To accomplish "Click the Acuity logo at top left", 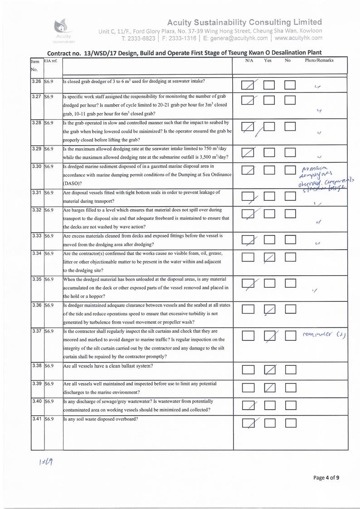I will coord(63,28).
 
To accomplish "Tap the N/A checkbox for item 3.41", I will coord(248,424).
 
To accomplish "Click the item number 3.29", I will coord(36,149).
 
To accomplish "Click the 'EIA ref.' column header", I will coord(50,61).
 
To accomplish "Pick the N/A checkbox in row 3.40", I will coord(248,405).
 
